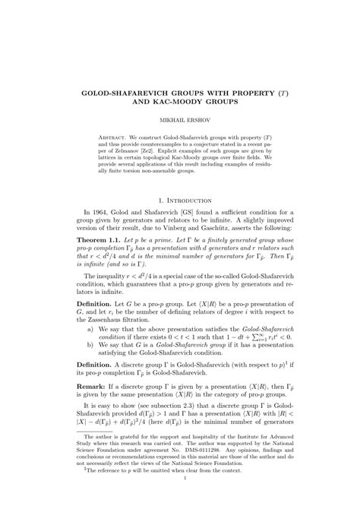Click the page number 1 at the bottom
pyautogui.click(x=179, y=501)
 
